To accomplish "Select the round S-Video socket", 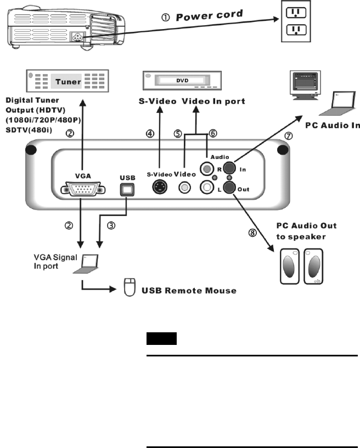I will tap(160, 187).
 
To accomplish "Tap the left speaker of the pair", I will tap(290, 266).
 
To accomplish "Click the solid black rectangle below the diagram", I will tap(161, 339).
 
